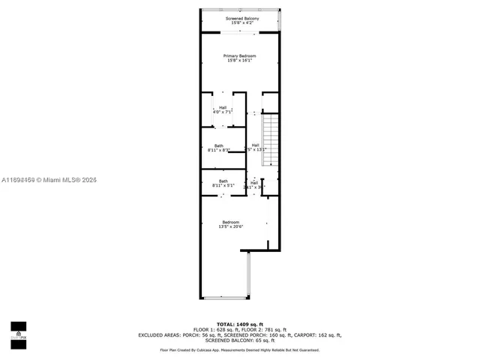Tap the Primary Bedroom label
click(239, 56)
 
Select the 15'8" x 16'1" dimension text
click(239, 61)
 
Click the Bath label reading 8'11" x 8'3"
click(218, 148)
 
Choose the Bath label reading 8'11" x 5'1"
click(223, 183)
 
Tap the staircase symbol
click(270, 139)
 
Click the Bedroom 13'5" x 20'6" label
click(230, 224)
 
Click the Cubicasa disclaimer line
click(239, 350)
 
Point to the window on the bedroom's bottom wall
click(225, 298)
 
